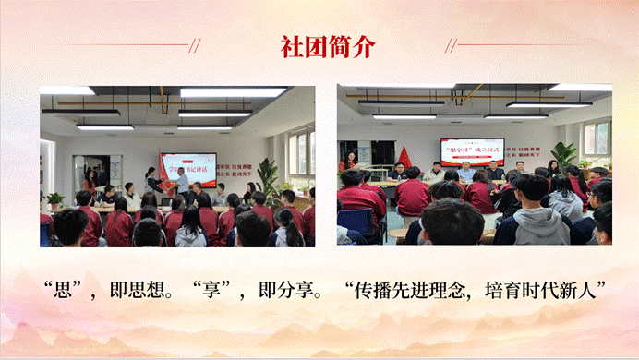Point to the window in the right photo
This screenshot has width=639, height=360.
[596, 138]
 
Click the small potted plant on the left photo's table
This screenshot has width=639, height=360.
[55, 198]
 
